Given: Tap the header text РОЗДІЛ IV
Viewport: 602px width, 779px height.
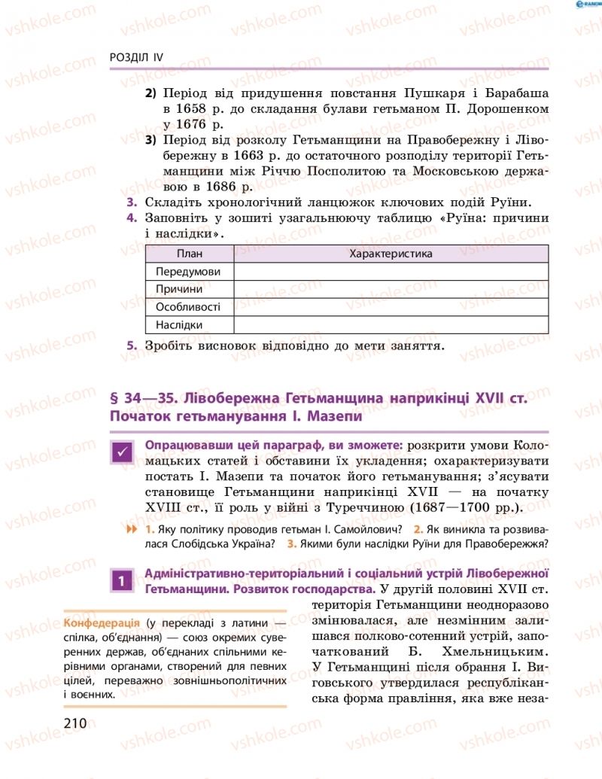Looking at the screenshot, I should point(136,58).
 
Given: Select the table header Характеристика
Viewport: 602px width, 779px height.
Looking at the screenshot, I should point(391,254).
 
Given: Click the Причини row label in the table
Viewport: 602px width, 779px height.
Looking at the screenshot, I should point(179,290).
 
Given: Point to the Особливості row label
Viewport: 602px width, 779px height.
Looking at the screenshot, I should point(188,307).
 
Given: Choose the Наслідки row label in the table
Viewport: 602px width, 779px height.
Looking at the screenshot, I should point(179,325).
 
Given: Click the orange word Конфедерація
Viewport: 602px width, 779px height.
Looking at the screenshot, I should point(101,624).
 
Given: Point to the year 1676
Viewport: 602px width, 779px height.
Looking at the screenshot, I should point(199,124).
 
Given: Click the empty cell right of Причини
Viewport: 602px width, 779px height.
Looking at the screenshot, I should point(391,290).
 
